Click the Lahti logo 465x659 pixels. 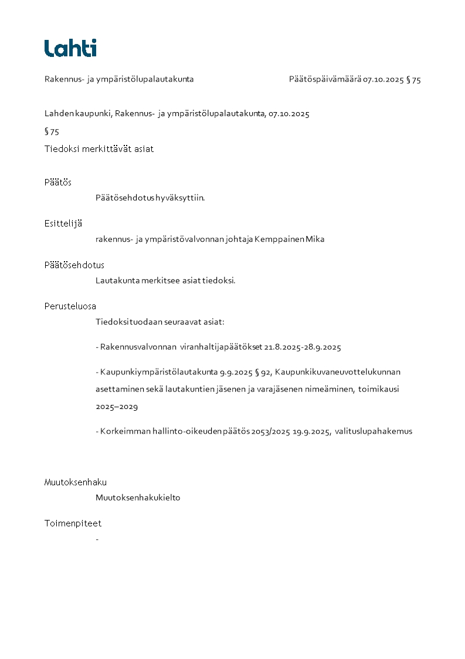[x=70, y=48]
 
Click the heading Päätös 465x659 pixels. [x=57, y=183]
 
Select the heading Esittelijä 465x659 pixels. [x=63, y=224]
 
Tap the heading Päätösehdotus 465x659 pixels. [x=74, y=265]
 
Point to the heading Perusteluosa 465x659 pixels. [x=70, y=306]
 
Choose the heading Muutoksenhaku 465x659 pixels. [x=75, y=482]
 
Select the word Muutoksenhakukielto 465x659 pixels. [x=138, y=498]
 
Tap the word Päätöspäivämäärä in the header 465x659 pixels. [x=325, y=80]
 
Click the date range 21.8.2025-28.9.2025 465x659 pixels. [x=303, y=347]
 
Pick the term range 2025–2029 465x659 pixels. [x=117, y=406]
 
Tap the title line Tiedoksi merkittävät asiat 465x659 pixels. [x=99, y=149]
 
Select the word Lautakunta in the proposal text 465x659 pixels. [x=117, y=281]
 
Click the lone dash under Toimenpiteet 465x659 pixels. [x=97, y=539]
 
